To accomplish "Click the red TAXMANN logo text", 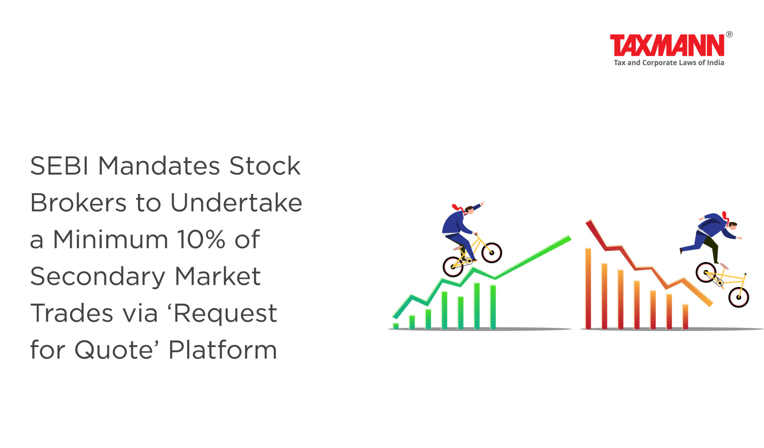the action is (x=667, y=45).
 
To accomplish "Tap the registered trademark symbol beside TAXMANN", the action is (x=729, y=34).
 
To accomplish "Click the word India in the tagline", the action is (x=716, y=63).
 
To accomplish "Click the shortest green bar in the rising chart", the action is (x=396, y=326).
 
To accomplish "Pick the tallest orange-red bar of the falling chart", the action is (x=588, y=288).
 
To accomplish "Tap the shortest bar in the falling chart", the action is (x=685, y=316).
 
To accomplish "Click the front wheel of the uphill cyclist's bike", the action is (x=492, y=253).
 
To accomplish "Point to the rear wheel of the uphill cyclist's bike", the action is (x=453, y=266).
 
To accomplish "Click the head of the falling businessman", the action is (x=733, y=226).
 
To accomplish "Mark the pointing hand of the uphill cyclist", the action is (x=482, y=203).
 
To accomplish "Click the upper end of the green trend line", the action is (x=569, y=238).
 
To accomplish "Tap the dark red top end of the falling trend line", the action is (x=588, y=222).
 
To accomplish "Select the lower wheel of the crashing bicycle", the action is (x=739, y=297).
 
